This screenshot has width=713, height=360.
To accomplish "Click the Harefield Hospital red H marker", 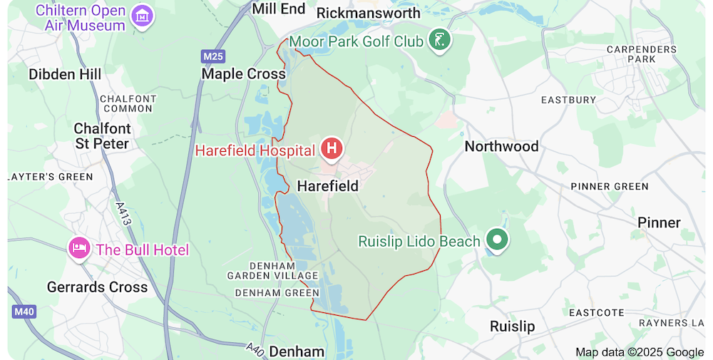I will pyautogui.click(x=332, y=149).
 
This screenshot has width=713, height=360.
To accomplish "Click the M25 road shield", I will pyautogui.click(x=212, y=56).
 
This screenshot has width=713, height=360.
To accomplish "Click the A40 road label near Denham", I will pyautogui.click(x=255, y=348).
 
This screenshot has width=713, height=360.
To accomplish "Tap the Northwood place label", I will pyautogui.click(x=501, y=146).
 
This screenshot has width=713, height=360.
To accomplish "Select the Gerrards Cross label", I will pyautogui.click(x=97, y=287).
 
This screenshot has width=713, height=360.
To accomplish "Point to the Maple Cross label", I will pyautogui.click(x=243, y=74).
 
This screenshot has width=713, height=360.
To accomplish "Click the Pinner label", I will pyautogui.click(x=659, y=222).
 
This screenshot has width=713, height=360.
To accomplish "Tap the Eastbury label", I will pyautogui.click(x=568, y=101).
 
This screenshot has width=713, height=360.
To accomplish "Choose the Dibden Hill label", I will pyautogui.click(x=65, y=74).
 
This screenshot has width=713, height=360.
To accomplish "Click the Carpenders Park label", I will pyautogui.click(x=641, y=54).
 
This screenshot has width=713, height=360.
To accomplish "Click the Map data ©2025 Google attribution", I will pyautogui.click(x=640, y=351).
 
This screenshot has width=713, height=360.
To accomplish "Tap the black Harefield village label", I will pyautogui.click(x=327, y=186).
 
